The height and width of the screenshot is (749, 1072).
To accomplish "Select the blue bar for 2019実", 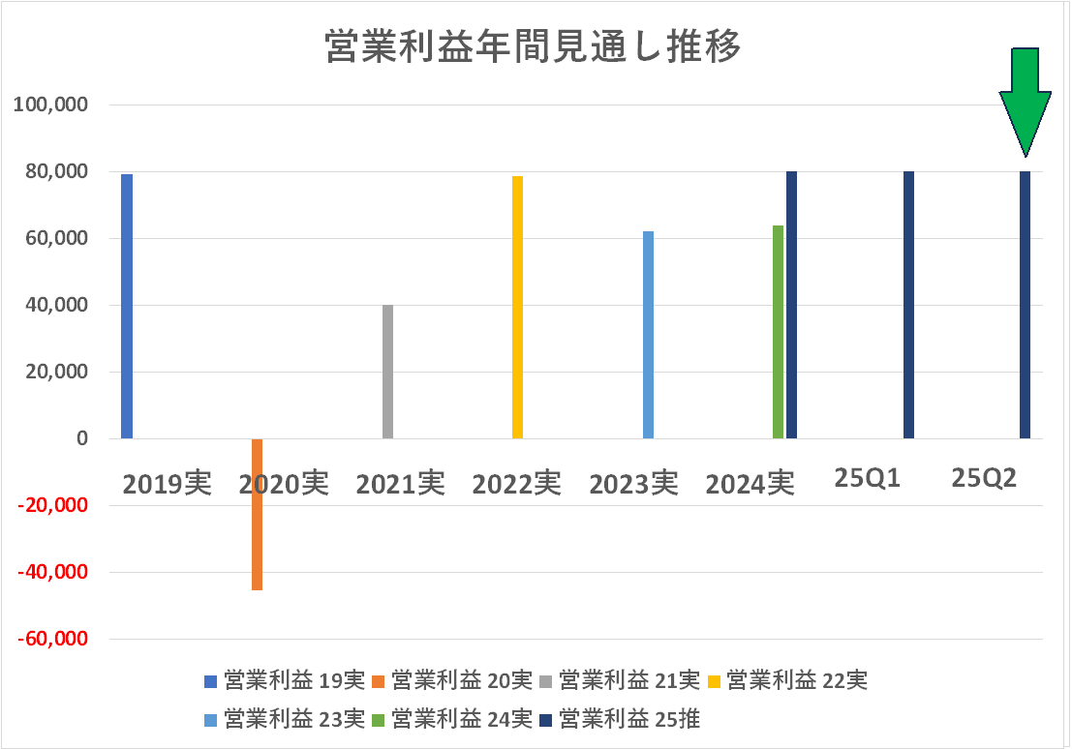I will [x=127, y=306].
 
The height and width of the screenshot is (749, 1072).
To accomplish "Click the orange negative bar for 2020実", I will [x=257, y=514].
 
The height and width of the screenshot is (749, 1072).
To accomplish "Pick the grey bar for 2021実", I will [x=387, y=372].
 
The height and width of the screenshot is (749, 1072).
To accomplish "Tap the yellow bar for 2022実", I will [x=517, y=307].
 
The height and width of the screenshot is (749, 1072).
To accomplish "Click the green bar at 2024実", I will [x=778, y=332].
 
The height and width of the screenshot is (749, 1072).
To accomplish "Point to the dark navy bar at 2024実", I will [x=791, y=305].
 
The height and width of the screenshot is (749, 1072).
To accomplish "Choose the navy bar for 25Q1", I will [x=908, y=305].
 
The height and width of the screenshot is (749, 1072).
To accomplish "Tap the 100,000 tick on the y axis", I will [x=50, y=105].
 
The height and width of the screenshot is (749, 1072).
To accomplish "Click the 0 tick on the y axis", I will [x=81, y=438].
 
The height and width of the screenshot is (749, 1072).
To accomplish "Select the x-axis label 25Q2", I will [x=984, y=479].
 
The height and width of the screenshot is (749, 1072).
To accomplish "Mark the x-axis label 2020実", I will [x=284, y=483].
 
